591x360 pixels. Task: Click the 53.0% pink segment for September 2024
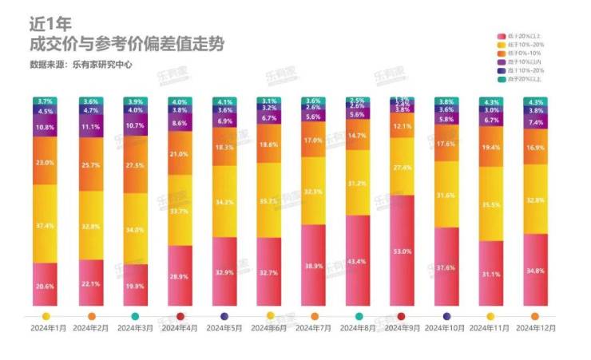click(403, 251)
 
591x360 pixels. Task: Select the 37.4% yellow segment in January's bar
click(46, 226)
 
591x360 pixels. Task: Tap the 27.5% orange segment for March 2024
click(136, 164)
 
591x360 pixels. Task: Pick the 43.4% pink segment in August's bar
click(358, 262)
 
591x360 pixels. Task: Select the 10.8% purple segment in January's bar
click(46, 128)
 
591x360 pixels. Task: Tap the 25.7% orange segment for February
click(91, 164)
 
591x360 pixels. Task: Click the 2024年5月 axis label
click(224, 328)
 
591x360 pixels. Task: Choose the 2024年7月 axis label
click(314, 328)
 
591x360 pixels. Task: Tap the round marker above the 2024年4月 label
click(180, 316)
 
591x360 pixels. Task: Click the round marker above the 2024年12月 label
click(535, 316)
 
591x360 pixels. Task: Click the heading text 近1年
click(46, 26)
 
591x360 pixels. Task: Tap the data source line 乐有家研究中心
click(81, 65)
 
